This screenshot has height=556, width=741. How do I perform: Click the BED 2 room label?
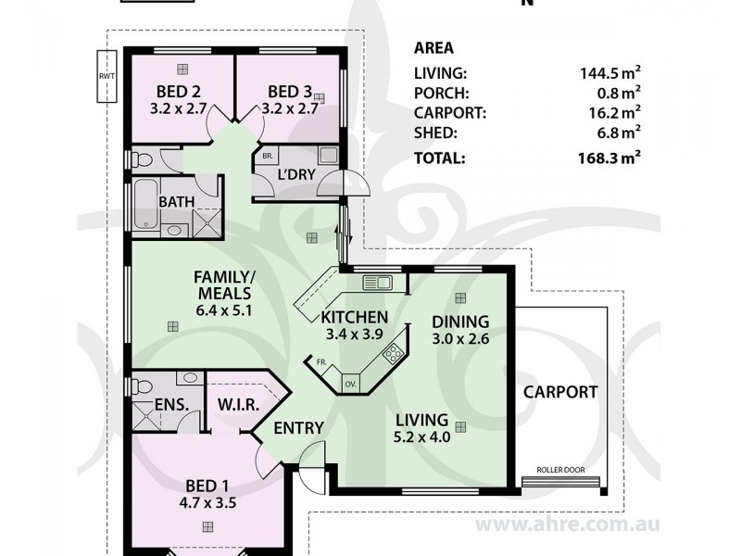pos(178,91)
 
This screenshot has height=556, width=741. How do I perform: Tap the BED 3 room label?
pos(290,91)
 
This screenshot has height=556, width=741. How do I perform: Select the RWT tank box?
pos(107,76)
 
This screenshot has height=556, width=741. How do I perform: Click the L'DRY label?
pos(296,174)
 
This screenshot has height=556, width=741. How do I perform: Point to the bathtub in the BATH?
pos(146,204)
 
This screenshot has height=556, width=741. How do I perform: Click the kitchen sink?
pos(378,283)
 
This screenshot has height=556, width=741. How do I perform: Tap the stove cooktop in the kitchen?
pos(393,353)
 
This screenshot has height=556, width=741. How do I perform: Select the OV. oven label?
pos(350,384)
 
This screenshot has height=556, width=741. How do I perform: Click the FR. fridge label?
pos(321,362)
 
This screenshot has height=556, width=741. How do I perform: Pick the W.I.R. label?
pos(238,405)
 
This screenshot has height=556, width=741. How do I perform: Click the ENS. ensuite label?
pos(171,405)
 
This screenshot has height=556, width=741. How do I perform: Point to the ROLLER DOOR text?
pos(560,470)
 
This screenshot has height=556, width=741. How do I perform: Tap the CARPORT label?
pos(560,392)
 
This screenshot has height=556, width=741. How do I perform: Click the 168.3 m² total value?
pos(609,157)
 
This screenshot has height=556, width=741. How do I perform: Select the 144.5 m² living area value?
pos(610,72)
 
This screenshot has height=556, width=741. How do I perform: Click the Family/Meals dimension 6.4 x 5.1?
pos(223,310)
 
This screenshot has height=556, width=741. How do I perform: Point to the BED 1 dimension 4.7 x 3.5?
pos(207,502)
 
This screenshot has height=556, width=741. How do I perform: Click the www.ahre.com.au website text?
pos(567,524)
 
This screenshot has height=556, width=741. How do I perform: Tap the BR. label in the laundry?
pos(267,156)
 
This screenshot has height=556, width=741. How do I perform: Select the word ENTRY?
pos(298,428)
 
